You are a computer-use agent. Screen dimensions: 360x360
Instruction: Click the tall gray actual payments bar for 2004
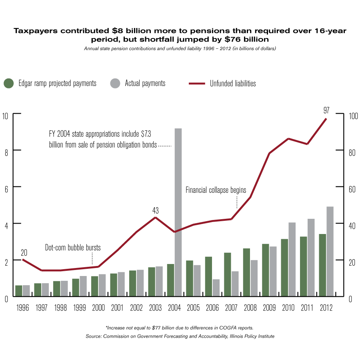tap(178, 212)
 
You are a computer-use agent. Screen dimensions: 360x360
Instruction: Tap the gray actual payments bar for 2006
tap(216, 288)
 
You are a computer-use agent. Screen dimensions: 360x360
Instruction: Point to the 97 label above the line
tap(326, 110)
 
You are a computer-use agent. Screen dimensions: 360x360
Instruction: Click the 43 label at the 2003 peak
tap(156, 210)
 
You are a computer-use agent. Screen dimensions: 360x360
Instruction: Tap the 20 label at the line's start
tap(24, 252)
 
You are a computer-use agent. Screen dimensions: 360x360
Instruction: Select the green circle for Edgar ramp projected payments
tap(9, 83)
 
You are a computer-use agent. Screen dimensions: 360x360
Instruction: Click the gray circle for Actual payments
tap(115, 83)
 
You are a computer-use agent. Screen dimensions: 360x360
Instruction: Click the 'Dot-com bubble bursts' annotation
tap(73, 248)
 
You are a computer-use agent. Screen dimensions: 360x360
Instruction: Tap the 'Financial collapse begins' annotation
tap(216, 190)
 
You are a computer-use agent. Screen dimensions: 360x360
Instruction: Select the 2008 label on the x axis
tap(250, 308)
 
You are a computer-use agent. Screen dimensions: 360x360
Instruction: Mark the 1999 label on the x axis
tap(79, 308)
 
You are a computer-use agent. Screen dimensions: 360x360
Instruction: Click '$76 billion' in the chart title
tap(244, 39)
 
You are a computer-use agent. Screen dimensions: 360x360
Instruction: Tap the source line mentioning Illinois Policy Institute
tap(180, 336)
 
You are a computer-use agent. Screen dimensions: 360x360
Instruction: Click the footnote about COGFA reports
tap(180, 328)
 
